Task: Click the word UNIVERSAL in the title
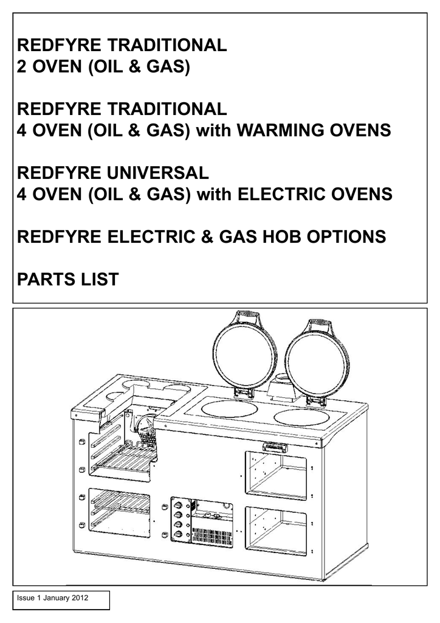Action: [157, 173]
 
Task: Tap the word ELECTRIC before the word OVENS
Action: [281, 194]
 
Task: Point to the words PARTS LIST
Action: [68, 279]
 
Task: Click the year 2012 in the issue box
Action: [80, 597]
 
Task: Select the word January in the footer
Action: [57, 597]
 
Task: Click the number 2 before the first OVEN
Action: [21, 66]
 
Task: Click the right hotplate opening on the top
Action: [301, 417]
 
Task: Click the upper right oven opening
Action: [276, 475]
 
